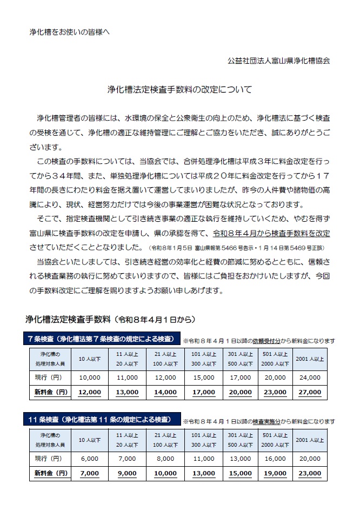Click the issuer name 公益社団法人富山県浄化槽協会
coord(278,61)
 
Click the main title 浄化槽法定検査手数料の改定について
coord(179,90)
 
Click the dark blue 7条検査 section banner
coord(102,339)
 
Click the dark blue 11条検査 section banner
coord(102,419)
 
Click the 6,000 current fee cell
coord(90,458)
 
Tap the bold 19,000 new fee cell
coord(274,473)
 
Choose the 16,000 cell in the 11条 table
coord(274,458)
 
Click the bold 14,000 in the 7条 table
coord(165,392)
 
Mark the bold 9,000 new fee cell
coord(127,473)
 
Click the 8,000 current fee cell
coord(165,458)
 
